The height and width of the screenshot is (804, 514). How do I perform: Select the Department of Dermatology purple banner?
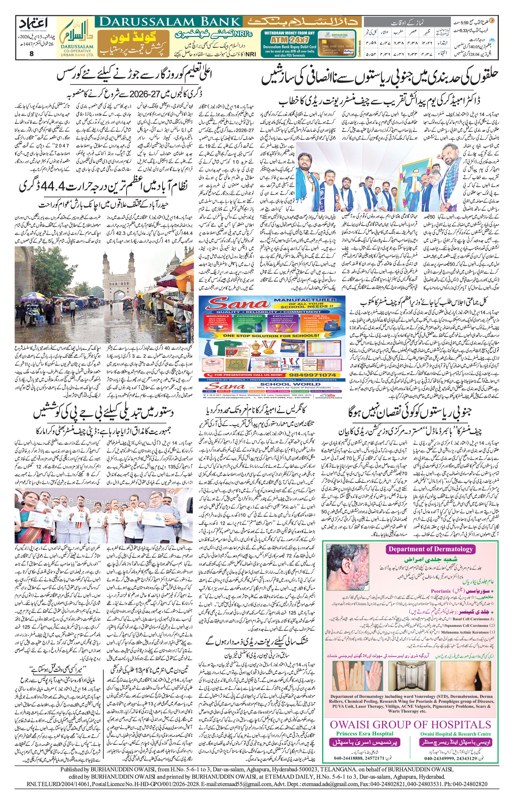430,550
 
